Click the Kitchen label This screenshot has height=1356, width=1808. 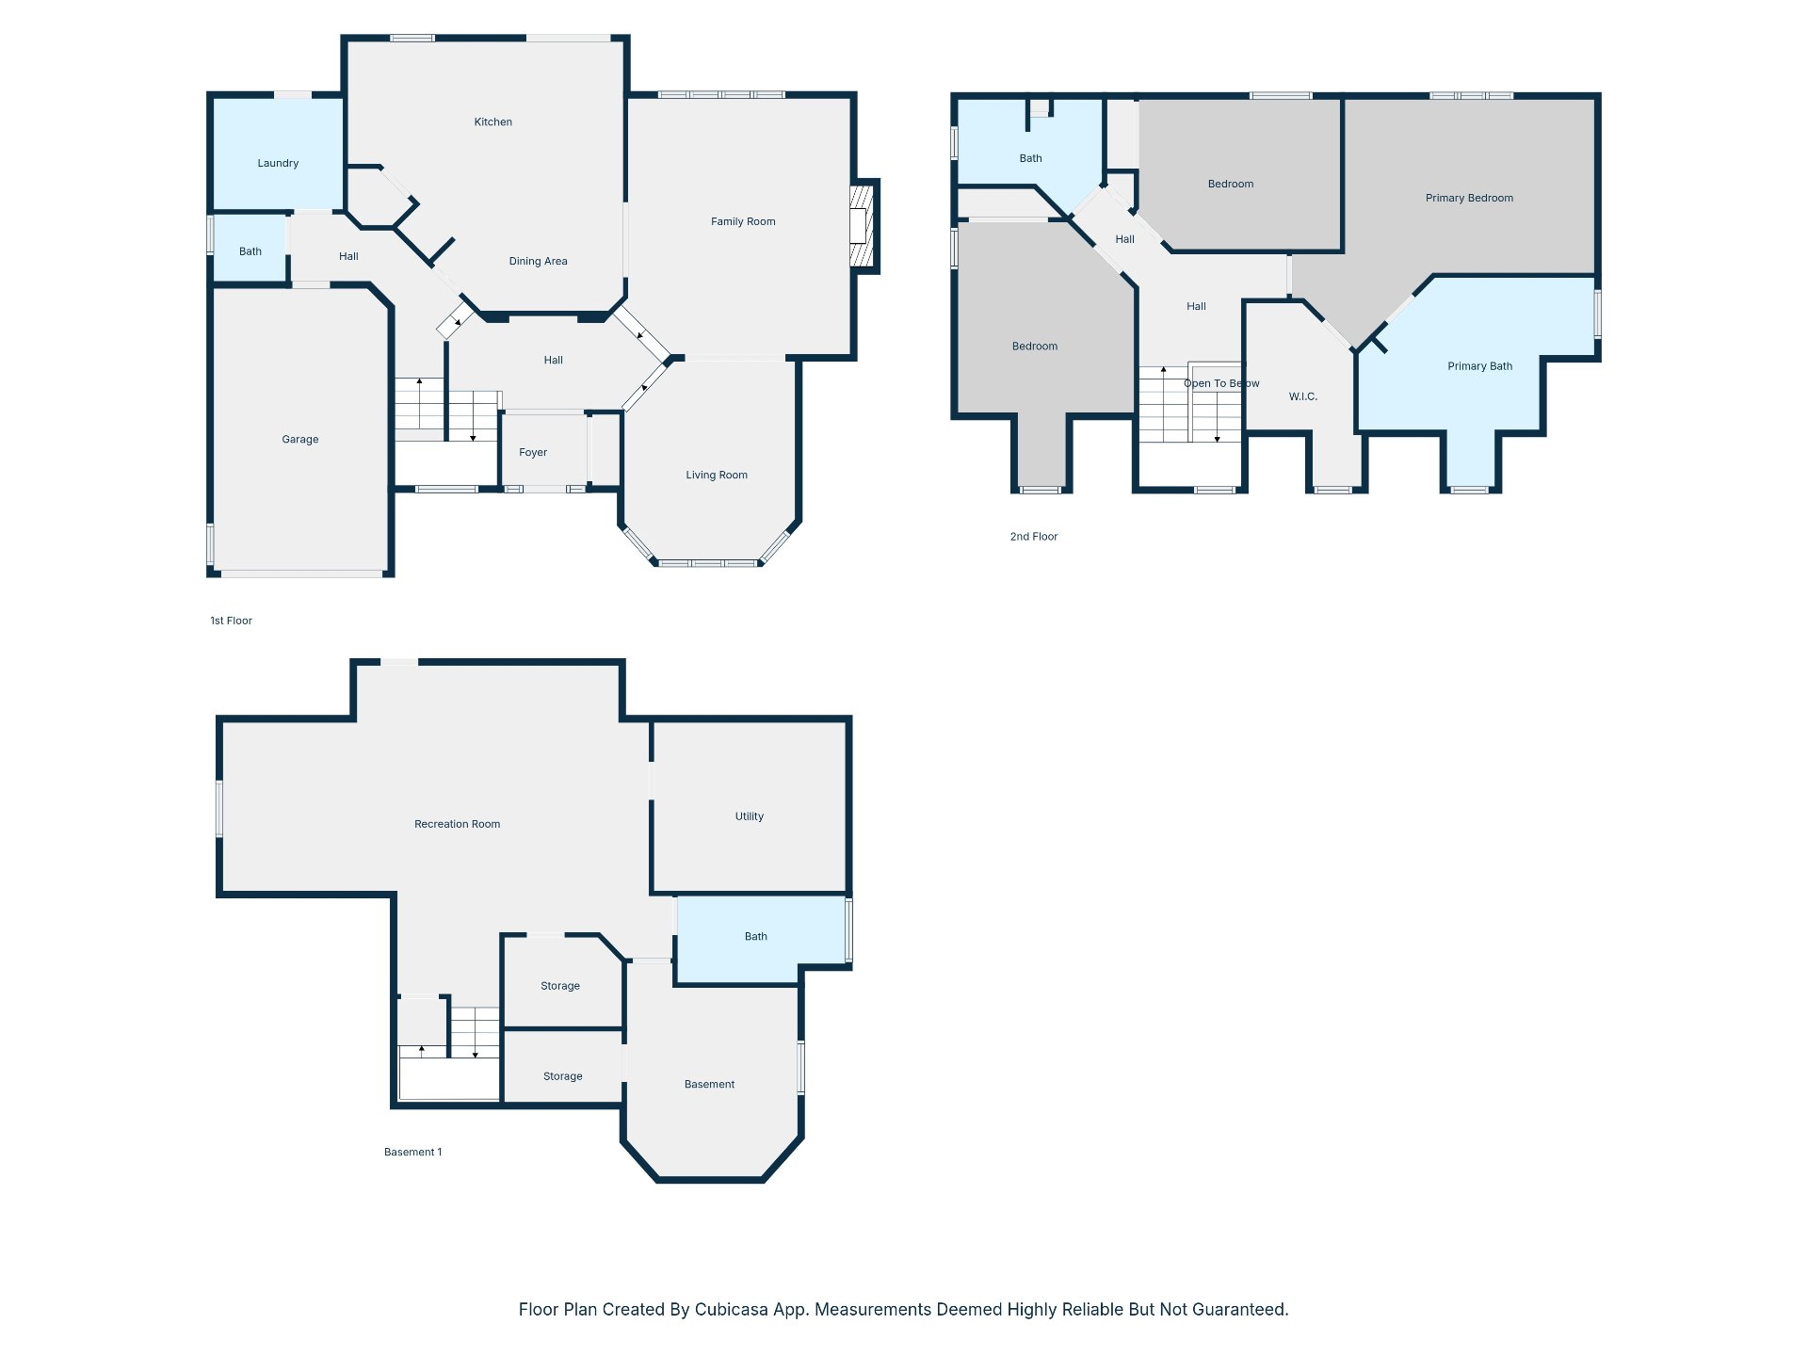[x=493, y=121]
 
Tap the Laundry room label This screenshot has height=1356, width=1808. [x=278, y=163]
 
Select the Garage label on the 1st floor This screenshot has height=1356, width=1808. [x=300, y=440]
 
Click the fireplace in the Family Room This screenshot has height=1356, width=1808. [x=862, y=226]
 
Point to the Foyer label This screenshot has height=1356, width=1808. [x=533, y=453]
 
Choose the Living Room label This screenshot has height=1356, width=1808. [x=717, y=476]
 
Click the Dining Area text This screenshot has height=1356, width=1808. [x=539, y=262]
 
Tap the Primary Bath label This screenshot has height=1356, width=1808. [x=1480, y=366]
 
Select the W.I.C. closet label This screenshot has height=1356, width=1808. [x=1303, y=396]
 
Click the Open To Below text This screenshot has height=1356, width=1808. [x=1221, y=383]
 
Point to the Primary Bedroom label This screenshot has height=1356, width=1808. [x=1469, y=198]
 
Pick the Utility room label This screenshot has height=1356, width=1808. [x=750, y=816]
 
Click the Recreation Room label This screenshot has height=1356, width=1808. [x=458, y=824]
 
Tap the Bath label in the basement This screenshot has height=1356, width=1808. [x=756, y=936]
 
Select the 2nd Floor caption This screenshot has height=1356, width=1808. [x=1034, y=537]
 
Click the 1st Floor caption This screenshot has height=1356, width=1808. [x=231, y=621]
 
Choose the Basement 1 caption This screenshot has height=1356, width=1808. [x=412, y=1152]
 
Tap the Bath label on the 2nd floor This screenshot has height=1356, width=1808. [x=1031, y=158]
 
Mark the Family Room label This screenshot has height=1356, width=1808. [x=743, y=222]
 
